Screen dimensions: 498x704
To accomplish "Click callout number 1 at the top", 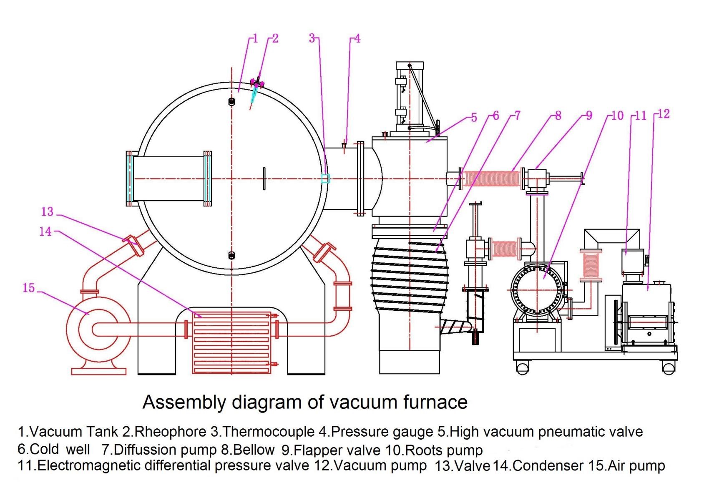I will (256, 39).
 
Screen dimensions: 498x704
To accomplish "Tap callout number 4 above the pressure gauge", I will (357, 39).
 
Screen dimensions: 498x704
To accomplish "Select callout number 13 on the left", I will (47, 212).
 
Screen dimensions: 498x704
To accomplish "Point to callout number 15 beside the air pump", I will (28, 288).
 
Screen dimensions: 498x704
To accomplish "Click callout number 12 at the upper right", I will (664, 114).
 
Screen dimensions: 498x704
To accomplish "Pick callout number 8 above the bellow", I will (558, 116).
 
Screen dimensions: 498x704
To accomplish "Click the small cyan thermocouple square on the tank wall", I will (325, 179).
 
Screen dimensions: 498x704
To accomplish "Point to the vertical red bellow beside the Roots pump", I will (591, 265).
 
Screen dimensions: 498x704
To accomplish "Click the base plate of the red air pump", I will (98, 371).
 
